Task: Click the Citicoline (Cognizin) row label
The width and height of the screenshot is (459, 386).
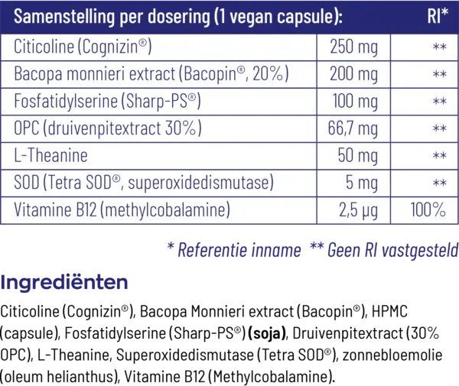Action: tap(83, 48)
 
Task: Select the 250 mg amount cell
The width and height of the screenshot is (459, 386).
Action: tap(353, 48)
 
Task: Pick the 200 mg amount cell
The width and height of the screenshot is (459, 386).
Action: tap(353, 75)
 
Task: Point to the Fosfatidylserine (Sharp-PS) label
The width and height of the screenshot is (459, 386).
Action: tap(107, 102)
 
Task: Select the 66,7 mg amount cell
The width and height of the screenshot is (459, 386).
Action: tap(353, 128)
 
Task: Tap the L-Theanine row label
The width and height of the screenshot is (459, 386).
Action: tap(50, 155)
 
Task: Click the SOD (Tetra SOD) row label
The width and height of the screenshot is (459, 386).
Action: tap(143, 183)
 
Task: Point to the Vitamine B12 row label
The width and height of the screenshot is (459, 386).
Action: tap(122, 209)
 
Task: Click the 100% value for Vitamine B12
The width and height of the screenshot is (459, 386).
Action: tap(428, 209)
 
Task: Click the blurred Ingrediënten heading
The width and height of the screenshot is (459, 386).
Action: tap(64, 283)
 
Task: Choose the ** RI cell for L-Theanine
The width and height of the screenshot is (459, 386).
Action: tap(439, 156)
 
